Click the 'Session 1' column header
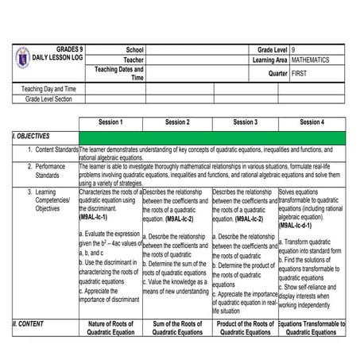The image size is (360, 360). tap(110, 122)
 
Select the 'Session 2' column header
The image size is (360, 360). tap(176, 122)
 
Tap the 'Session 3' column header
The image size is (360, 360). tap(245, 122)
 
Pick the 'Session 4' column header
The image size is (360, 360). tap(312, 122)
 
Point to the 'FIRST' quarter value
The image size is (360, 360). tap(300, 72)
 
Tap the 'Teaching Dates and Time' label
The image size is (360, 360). tap(121, 73)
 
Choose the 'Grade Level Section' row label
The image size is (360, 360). tap(48, 99)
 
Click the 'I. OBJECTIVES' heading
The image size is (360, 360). tap(34, 137)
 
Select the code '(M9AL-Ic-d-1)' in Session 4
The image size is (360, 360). tap(300, 225)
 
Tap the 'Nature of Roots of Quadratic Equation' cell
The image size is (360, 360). tap(110, 328)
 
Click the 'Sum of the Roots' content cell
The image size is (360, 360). tap(176, 328)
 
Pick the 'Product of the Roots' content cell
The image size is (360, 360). tap(245, 328)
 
